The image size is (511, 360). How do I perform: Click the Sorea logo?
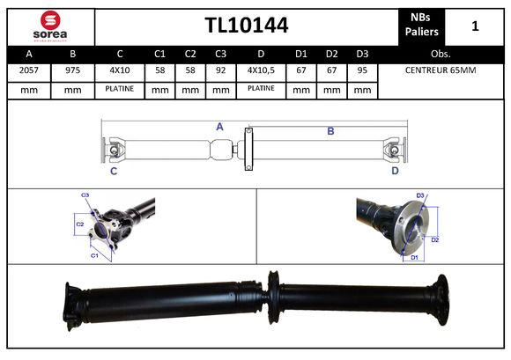tap(49, 26)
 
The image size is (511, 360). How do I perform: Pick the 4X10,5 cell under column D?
tap(261, 70)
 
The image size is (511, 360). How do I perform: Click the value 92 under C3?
tap(221, 70)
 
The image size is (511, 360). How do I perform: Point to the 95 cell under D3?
tap(361, 70)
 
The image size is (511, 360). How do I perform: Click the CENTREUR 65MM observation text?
tap(440, 70)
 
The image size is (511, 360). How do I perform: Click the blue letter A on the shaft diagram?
tap(219, 127)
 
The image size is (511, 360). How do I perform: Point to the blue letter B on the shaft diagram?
tap(330, 131)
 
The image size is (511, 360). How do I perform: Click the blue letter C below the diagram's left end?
tap(114, 171)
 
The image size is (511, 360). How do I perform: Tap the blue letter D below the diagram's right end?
tap(395, 171)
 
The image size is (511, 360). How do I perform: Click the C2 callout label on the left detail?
tap(79, 224)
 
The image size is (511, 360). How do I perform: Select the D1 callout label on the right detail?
tap(413, 257)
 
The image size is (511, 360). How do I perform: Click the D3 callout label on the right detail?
tap(420, 195)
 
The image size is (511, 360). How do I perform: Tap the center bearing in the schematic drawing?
tap(248, 148)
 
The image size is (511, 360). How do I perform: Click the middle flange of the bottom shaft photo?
tap(274, 302)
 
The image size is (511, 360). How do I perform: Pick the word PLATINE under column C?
tap(120, 89)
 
